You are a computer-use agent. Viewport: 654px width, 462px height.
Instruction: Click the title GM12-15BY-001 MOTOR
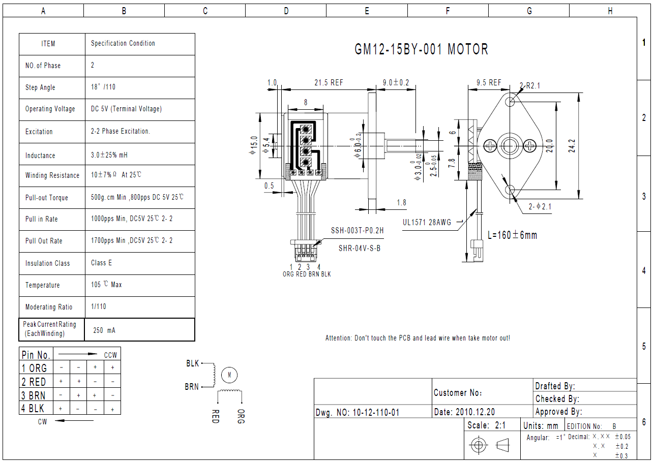point(421,49)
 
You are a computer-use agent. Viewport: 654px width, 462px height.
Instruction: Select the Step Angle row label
point(40,87)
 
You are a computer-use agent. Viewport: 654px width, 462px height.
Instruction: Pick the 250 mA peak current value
point(104,330)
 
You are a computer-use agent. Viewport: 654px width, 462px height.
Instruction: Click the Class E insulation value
point(101,263)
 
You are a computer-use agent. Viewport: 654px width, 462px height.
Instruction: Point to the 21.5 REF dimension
point(329,82)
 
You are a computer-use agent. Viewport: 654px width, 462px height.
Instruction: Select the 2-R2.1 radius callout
point(530,85)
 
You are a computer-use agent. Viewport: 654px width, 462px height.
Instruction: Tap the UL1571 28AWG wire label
point(427,222)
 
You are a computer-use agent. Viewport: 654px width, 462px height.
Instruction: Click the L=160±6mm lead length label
point(512,235)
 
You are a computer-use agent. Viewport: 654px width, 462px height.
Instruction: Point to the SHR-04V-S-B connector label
point(360,249)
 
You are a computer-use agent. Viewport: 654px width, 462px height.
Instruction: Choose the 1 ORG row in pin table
point(34,368)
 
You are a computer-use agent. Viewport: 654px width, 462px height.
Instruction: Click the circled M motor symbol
point(229,375)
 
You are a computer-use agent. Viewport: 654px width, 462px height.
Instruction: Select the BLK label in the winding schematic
point(192,363)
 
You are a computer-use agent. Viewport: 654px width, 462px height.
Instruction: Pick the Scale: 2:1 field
point(486,425)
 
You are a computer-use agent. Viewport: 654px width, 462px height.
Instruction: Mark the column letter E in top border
point(367,11)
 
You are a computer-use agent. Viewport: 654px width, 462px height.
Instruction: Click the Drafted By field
point(555,386)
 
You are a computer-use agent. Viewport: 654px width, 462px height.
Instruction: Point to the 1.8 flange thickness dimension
point(401,202)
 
